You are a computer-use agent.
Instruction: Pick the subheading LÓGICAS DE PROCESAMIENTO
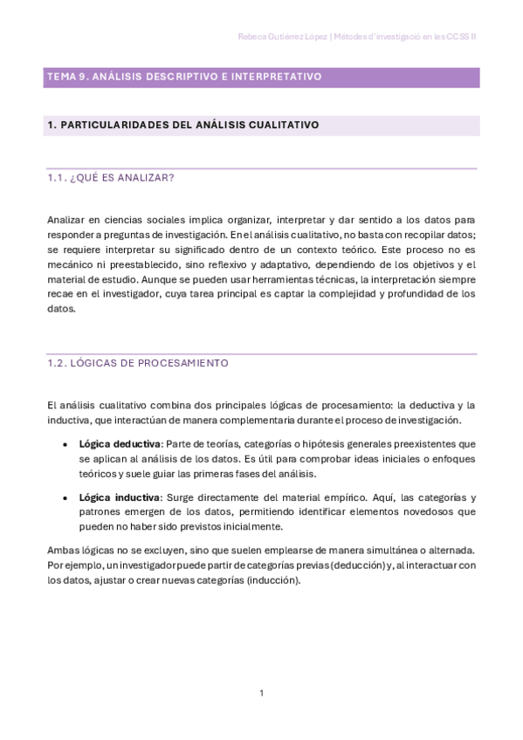click(149, 362)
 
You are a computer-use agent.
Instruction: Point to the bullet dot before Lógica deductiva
click(65, 443)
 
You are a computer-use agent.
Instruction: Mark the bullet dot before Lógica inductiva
click(65, 497)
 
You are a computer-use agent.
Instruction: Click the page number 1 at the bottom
click(261, 693)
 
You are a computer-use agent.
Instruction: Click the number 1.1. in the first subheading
click(57, 178)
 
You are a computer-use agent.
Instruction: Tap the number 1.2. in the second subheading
click(58, 362)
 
